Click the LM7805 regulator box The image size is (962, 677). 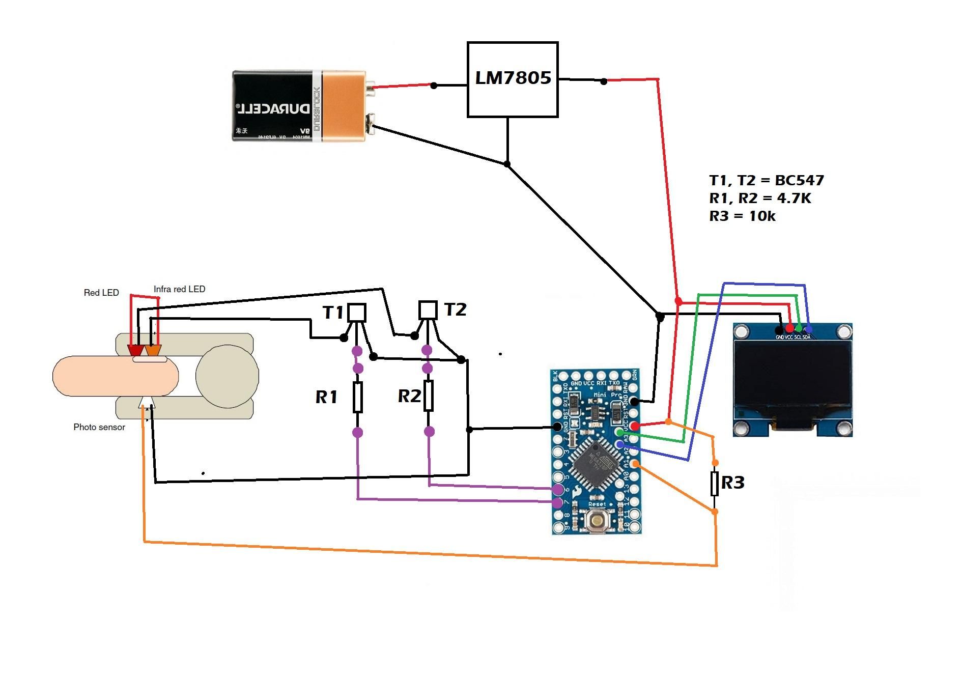(513, 79)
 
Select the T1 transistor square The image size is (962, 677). (356, 313)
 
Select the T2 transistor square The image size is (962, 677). (428, 309)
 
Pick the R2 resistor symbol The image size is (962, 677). (429, 396)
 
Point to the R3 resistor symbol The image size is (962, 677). (715, 484)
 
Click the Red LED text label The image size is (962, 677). (101, 293)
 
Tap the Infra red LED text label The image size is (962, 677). (179, 289)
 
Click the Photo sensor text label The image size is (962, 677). (99, 427)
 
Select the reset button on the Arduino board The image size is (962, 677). (596, 520)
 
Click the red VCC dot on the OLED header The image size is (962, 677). (789, 328)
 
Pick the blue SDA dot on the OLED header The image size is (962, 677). (808, 329)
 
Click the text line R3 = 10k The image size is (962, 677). (742, 216)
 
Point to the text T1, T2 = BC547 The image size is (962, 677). (766, 180)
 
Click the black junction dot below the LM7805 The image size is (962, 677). (507, 164)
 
